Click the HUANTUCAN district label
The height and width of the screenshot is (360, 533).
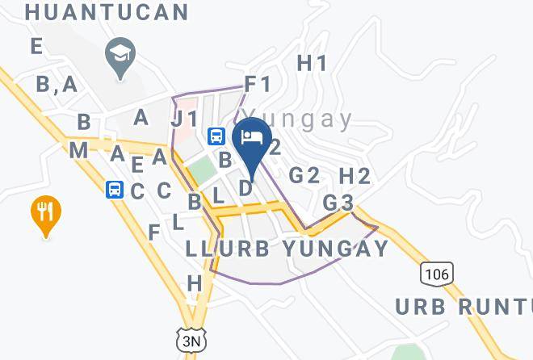107,12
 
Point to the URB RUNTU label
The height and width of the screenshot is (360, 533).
464,306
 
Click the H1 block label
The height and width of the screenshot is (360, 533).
312,63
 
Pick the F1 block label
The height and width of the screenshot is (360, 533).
258,83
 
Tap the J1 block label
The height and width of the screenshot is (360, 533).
185,119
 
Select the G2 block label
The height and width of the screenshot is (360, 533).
304,175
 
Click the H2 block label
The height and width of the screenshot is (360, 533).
355,175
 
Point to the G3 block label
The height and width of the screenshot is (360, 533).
338,202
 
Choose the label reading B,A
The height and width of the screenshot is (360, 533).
57,83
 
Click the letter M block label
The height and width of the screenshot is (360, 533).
78,150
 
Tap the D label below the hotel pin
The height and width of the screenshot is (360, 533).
246,188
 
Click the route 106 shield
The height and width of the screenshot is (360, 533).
435,274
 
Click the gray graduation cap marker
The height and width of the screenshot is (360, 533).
121,57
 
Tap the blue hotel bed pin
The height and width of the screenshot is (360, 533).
252,138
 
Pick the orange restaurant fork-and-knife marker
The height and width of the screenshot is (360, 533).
46,214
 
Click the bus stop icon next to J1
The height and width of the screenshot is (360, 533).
216,136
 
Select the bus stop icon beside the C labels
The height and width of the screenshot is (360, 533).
115,190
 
